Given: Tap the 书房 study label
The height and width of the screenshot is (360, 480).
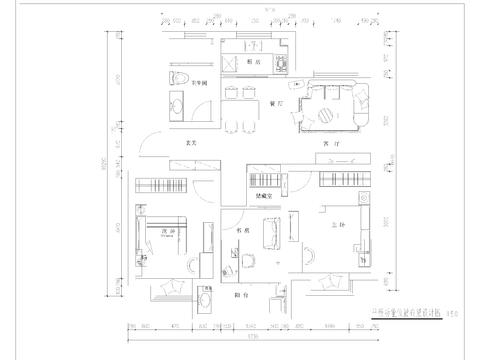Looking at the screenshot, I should (241, 230).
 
